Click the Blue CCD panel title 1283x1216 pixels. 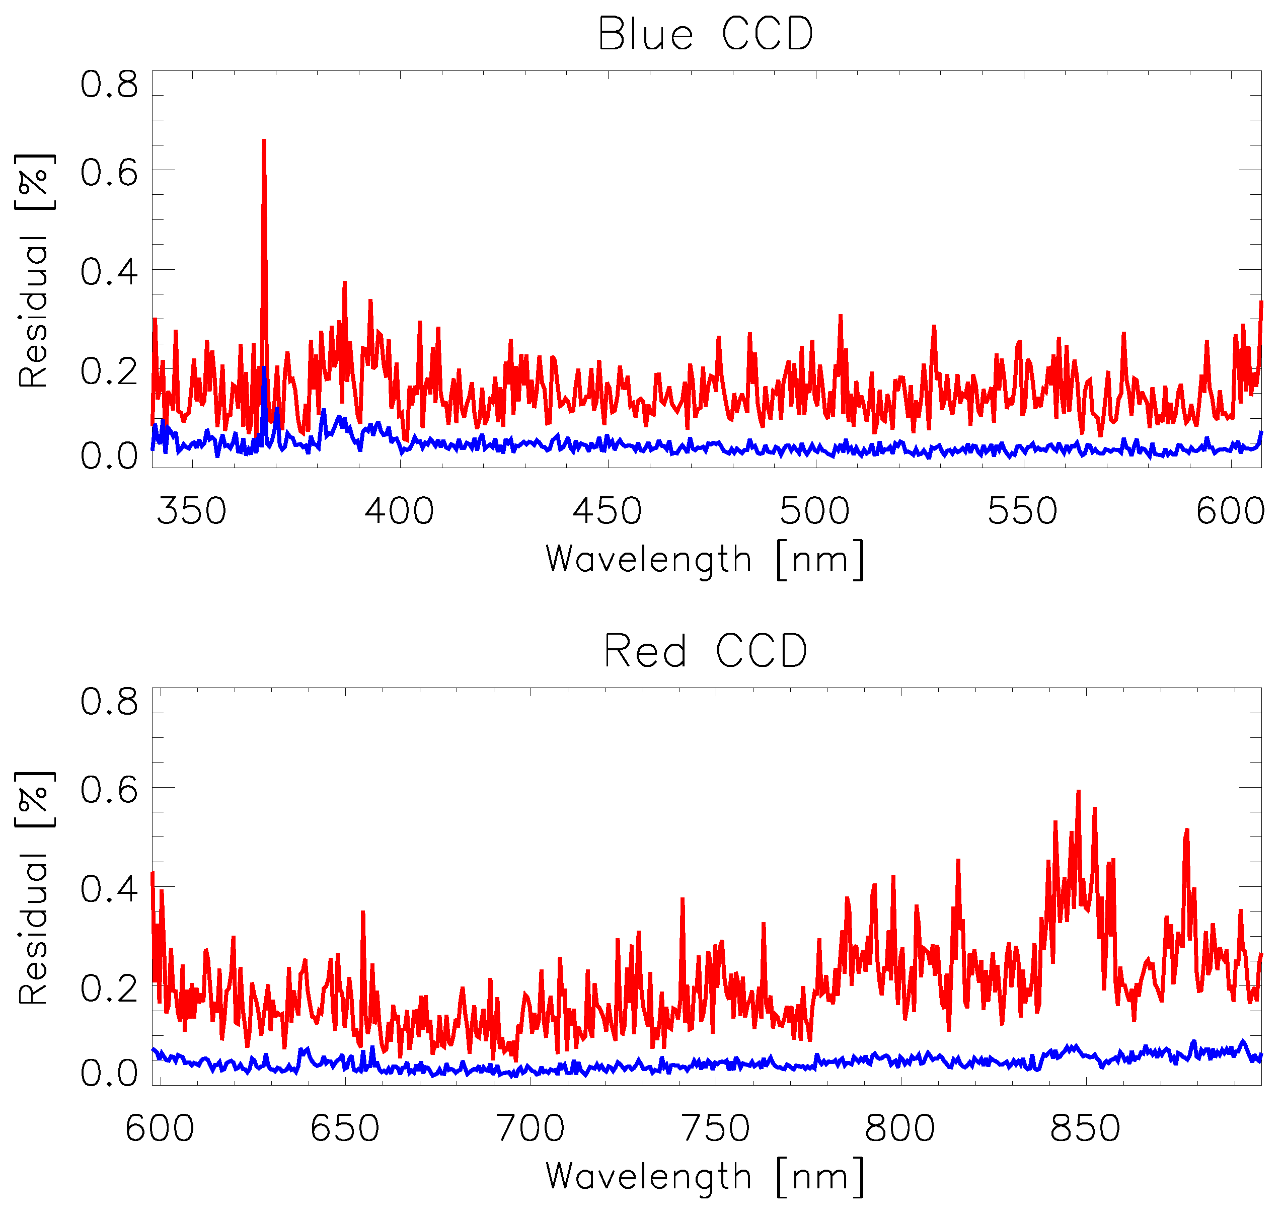point(705,34)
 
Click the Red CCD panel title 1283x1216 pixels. point(705,651)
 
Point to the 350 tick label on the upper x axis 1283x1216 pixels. point(192,511)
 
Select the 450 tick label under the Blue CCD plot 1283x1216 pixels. point(608,511)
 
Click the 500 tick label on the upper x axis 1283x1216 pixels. point(815,511)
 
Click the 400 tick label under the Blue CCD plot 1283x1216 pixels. point(399,511)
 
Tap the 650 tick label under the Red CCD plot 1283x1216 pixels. point(345,1128)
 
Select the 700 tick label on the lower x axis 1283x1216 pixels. point(531,1128)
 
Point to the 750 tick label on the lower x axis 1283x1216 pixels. point(716,1128)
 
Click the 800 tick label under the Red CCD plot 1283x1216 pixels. point(900,1128)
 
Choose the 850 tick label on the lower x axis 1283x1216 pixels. point(1086,1128)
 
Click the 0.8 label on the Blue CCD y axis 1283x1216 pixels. point(109,86)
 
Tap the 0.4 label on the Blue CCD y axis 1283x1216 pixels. point(109,272)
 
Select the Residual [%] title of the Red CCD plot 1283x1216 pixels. point(34,889)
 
